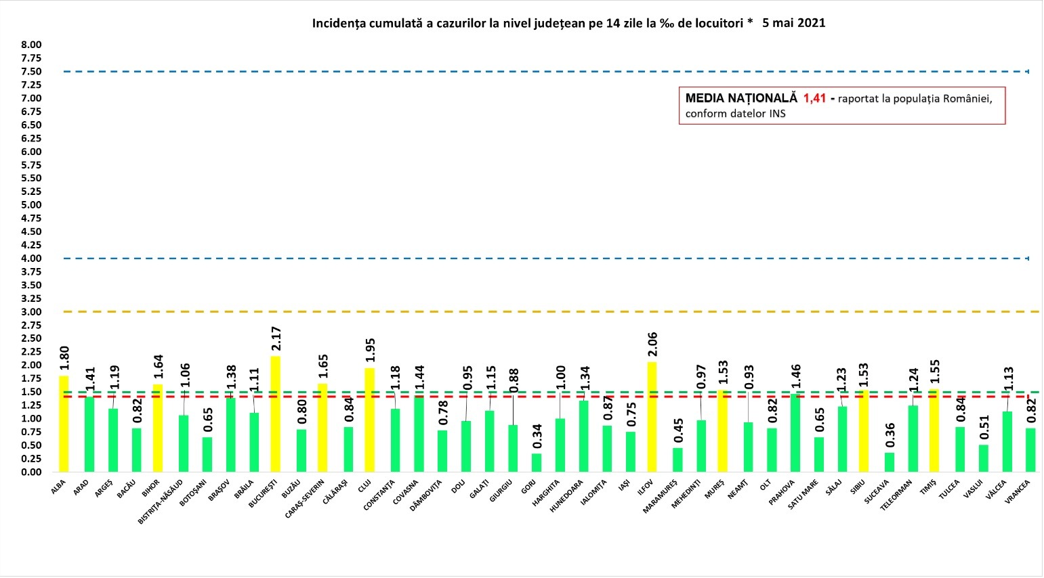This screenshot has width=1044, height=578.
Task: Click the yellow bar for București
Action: (x=275, y=414)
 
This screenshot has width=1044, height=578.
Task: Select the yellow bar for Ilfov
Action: (x=652, y=416)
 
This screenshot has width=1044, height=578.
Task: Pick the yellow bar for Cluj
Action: (x=369, y=420)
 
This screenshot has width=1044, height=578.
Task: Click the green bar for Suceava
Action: (x=890, y=462)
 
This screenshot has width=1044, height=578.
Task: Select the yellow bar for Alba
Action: (x=64, y=424)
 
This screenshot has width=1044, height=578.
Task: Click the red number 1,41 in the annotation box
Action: (x=815, y=98)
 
